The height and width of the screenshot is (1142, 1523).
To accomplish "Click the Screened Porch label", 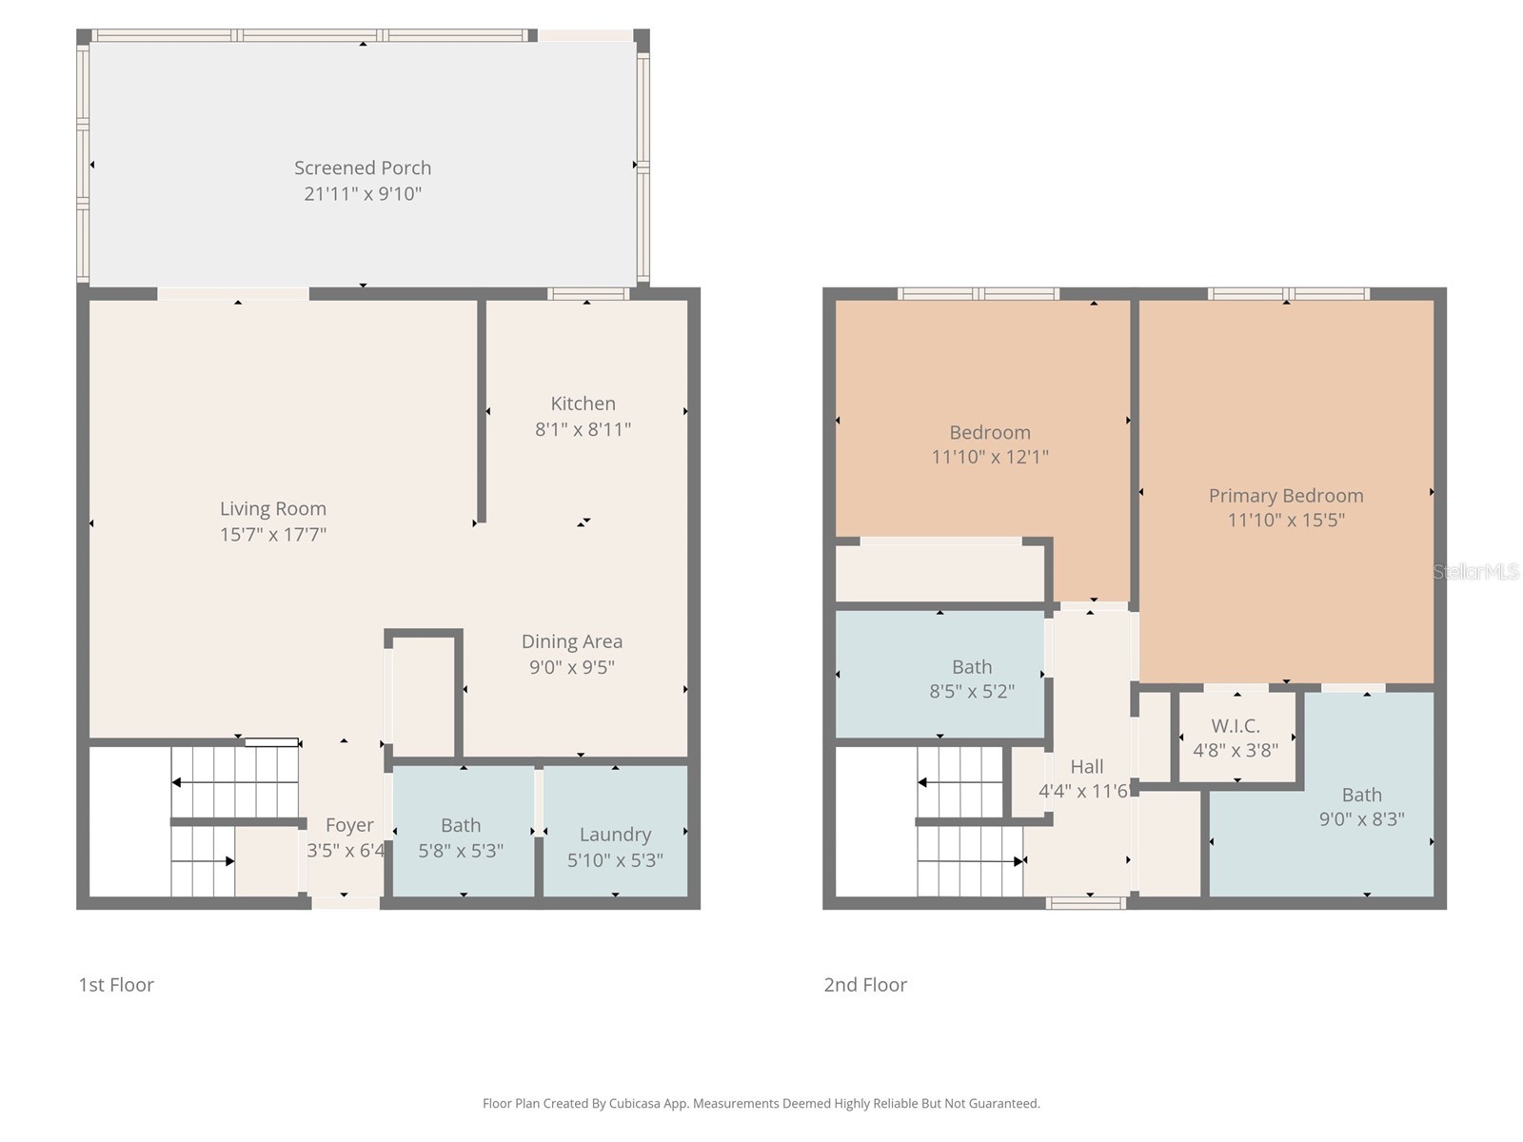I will (x=363, y=168).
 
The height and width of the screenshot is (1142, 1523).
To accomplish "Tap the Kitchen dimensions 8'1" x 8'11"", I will (x=583, y=429).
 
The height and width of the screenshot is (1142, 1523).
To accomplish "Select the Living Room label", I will (x=273, y=509).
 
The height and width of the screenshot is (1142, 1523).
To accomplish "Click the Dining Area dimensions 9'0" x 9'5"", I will (x=571, y=667).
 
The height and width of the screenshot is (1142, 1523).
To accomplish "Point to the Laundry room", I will (x=615, y=835).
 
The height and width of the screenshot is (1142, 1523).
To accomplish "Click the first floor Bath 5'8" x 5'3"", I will (x=461, y=837).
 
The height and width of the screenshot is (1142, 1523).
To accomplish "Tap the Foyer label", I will (x=349, y=825).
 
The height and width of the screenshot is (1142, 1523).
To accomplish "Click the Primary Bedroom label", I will (x=1285, y=496).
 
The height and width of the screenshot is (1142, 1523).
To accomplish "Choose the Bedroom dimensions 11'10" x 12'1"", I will (x=989, y=457).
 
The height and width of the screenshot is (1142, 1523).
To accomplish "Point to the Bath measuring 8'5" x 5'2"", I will (x=972, y=678).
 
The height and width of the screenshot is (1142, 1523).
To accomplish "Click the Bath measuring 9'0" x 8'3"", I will (x=1361, y=806).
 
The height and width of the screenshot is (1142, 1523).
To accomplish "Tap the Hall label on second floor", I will (x=1086, y=767).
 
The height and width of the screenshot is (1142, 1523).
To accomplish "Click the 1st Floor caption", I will (x=116, y=985).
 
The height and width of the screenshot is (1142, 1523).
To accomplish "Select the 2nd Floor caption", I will (x=865, y=985).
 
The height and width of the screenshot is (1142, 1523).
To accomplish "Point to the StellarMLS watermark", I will (x=1475, y=572).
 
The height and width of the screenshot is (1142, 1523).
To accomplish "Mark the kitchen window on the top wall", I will (x=588, y=294).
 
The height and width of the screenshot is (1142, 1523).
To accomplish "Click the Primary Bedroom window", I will (x=1288, y=294).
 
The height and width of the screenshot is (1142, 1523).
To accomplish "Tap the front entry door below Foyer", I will (x=345, y=903).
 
